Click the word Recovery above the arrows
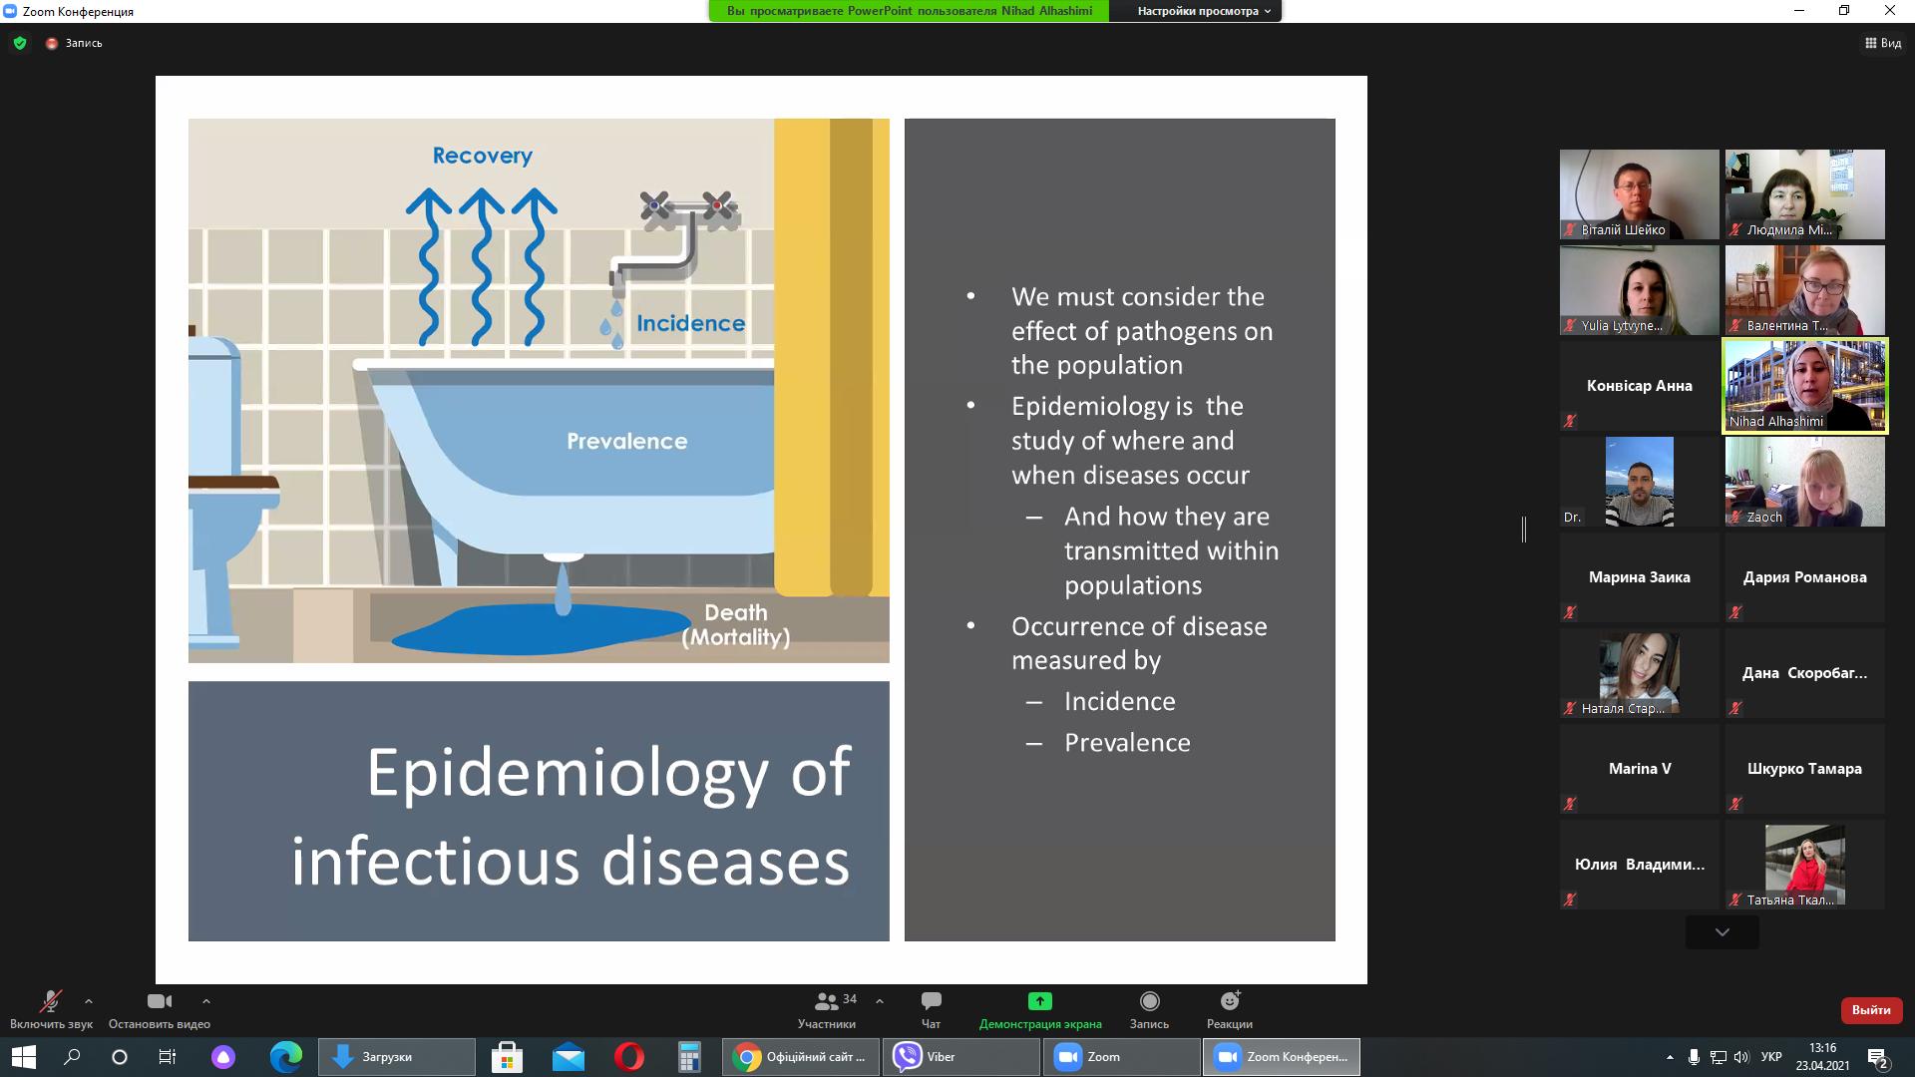[x=483, y=156]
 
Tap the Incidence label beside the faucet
[x=690, y=323]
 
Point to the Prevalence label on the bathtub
[x=626, y=441]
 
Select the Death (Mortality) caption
[x=736, y=625]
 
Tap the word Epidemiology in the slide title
[x=568, y=773]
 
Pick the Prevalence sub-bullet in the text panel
[x=1127, y=742]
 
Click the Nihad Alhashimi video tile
[x=1805, y=386]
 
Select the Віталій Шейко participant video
[x=1640, y=194]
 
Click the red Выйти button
[x=1871, y=1010]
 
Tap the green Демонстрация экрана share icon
[x=1039, y=1000]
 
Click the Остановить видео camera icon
[x=160, y=1001]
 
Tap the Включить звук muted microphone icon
[x=50, y=1001]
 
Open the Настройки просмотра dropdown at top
[x=1204, y=11]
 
